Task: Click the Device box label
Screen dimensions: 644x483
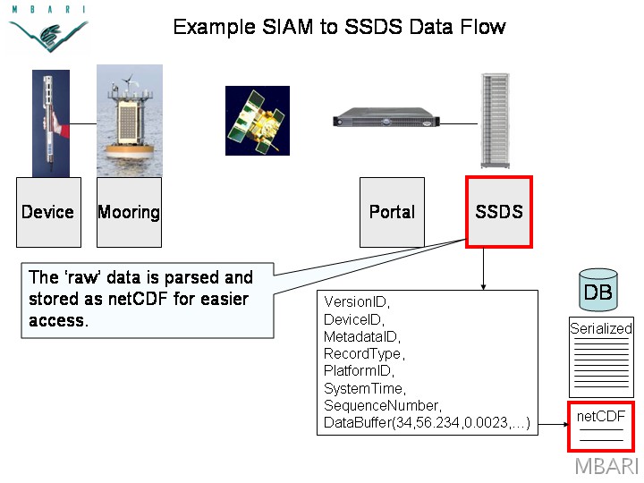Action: [x=47, y=212]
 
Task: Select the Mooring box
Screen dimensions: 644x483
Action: [x=129, y=212]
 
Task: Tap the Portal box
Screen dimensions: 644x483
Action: [x=392, y=212]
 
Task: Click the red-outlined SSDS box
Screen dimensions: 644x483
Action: [x=499, y=212]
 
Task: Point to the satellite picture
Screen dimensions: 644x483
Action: [x=258, y=121]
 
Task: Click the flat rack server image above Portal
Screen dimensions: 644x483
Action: [x=386, y=117]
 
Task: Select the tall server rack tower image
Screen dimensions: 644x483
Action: [x=496, y=121]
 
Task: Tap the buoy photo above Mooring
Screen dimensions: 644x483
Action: [x=130, y=121]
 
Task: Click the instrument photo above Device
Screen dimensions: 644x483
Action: [x=51, y=123]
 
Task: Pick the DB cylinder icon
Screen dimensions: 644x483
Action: [x=598, y=290]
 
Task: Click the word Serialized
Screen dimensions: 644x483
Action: [x=601, y=328]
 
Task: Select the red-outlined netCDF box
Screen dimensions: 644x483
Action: [x=601, y=427]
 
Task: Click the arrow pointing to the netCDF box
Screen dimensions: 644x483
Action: [x=554, y=424]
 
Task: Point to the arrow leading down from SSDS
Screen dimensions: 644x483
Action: [x=483, y=269]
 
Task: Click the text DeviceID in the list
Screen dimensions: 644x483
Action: [x=352, y=319]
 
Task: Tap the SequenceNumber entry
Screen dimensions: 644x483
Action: [x=381, y=405]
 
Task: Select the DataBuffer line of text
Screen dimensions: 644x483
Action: [x=427, y=422]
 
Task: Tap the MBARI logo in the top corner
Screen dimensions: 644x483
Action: [x=48, y=29]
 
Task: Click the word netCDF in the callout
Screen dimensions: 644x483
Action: [x=138, y=299]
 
